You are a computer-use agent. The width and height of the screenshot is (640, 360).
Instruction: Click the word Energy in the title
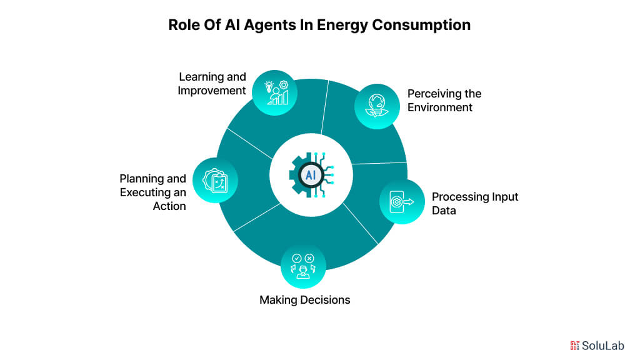pyautogui.click(x=342, y=25)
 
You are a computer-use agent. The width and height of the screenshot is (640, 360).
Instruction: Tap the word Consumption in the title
pyautogui.click(x=421, y=25)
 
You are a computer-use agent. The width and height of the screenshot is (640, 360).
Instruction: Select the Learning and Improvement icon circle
pyautogui.click(x=275, y=92)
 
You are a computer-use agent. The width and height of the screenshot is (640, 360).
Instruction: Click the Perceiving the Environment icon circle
pyautogui.click(x=377, y=106)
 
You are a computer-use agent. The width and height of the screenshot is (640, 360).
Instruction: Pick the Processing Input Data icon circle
pyautogui.click(x=402, y=201)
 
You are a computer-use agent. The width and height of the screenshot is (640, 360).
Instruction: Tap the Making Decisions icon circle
pyautogui.click(x=303, y=266)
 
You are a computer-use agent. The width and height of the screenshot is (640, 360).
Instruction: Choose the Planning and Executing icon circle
pyautogui.click(x=215, y=181)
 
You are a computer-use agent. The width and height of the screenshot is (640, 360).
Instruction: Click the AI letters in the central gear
pyautogui.click(x=311, y=175)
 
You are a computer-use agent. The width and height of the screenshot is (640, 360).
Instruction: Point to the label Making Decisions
pyautogui.click(x=305, y=300)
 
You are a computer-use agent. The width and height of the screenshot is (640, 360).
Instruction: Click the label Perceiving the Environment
pyautogui.click(x=444, y=101)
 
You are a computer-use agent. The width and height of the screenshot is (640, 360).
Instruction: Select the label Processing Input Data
pyautogui.click(x=475, y=204)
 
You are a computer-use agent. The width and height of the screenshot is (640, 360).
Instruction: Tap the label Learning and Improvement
pyautogui.click(x=212, y=84)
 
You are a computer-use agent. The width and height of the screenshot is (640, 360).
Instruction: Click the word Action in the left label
pyautogui.click(x=169, y=206)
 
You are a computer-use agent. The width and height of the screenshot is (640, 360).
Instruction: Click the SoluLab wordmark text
pyautogui.click(x=603, y=346)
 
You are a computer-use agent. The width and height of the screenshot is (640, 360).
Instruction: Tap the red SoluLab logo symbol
pyautogui.click(x=575, y=346)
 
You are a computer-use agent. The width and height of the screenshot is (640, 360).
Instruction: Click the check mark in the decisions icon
pyautogui.click(x=297, y=258)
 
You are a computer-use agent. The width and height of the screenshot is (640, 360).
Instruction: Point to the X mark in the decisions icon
pyautogui.click(x=309, y=258)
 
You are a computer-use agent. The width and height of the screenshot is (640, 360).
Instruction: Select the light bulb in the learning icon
pyautogui.click(x=269, y=86)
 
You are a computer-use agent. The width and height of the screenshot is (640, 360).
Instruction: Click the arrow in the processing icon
pyautogui.click(x=409, y=202)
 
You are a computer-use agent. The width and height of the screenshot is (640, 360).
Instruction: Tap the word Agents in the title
pyautogui.click(x=270, y=25)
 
